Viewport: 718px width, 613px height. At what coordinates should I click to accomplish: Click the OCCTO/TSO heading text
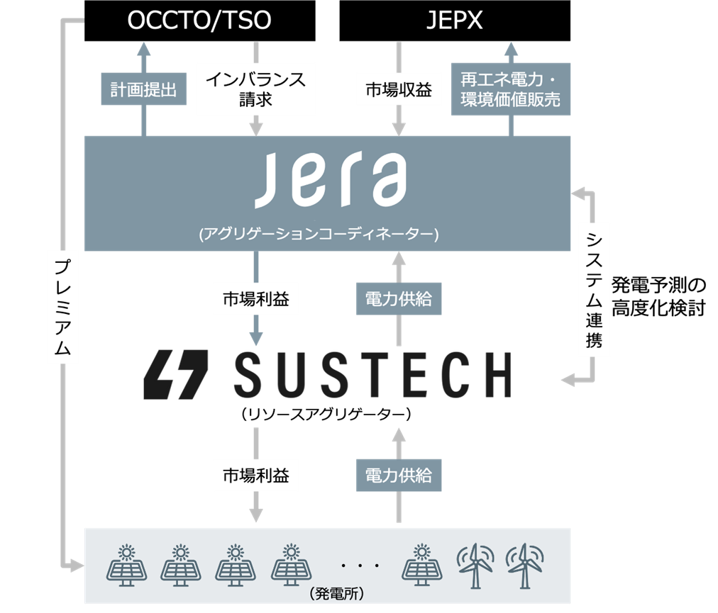(199, 21)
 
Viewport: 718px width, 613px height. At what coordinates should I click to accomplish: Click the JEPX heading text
(454, 21)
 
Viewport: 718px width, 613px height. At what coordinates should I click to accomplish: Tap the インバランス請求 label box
(255, 90)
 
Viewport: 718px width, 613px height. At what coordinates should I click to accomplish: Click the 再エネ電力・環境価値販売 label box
(510, 90)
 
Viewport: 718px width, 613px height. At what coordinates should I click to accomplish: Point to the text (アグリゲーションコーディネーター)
(319, 234)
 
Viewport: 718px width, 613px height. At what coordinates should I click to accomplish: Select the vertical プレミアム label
(62, 306)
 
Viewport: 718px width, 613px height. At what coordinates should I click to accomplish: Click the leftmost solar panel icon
(127, 564)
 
